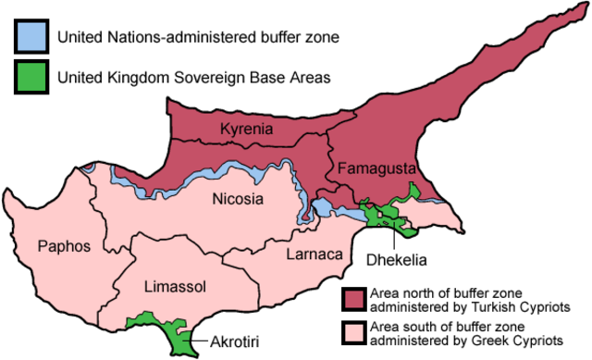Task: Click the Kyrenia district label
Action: pos(247,129)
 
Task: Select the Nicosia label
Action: pos(238,199)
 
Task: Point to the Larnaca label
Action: pos(314,253)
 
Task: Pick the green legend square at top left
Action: pos(31,76)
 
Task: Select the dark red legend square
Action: pos(354,299)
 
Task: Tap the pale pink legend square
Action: pos(354,332)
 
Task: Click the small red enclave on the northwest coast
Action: pos(86,168)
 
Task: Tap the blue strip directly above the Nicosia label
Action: pos(231,175)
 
